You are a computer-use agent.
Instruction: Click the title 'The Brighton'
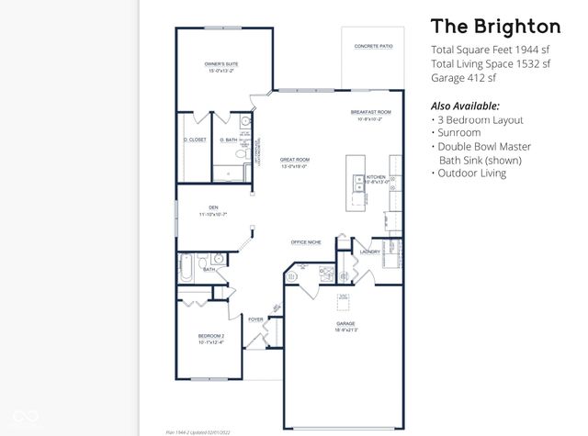point(495,26)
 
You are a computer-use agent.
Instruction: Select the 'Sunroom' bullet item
point(458,132)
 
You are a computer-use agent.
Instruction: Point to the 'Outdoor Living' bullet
point(471,173)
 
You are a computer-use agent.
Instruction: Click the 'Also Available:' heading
point(465,106)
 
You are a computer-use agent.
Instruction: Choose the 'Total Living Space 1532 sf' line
point(491,64)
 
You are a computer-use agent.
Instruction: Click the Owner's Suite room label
point(221,65)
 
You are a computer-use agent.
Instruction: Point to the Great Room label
point(295,162)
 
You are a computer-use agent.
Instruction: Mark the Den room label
point(213,209)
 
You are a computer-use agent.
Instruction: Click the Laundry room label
point(369,251)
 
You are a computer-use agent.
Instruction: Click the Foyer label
point(255,319)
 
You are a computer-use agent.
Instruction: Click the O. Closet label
point(195,140)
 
